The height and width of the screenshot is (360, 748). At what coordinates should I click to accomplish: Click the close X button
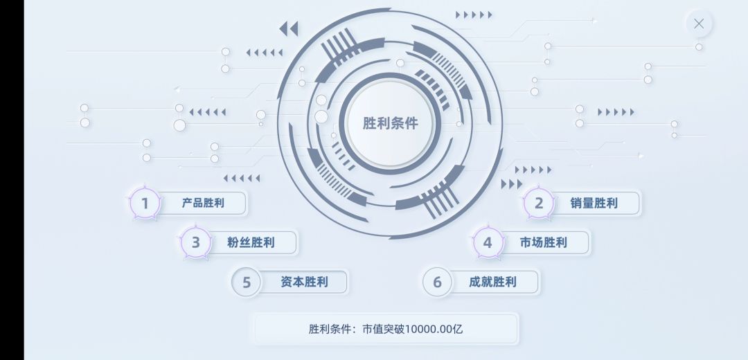click(x=699, y=24)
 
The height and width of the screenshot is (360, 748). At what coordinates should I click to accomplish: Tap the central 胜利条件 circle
click(x=390, y=123)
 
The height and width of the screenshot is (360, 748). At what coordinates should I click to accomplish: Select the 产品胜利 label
click(x=203, y=203)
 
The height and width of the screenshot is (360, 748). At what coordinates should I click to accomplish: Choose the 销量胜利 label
click(x=594, y=203)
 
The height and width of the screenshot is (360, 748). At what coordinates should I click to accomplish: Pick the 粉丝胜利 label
click(x=251, y=242)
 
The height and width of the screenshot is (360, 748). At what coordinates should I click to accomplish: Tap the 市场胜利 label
click(x=544, y=243)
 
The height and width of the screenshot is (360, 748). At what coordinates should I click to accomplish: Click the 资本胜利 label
click(x=304, y=282)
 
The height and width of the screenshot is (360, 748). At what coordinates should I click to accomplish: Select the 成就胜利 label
click(x=492, y=282)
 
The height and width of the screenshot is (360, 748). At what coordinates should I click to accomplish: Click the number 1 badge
click(x=145, y=203)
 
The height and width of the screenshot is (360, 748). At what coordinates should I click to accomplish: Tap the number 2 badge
click(x=539, y=203)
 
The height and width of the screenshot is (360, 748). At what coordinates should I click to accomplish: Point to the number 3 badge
click(x=195, y=242)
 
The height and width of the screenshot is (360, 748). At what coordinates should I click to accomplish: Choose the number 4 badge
click(x=488, y=243)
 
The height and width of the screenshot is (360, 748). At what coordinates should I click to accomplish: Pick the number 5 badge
click(x=246, y=282)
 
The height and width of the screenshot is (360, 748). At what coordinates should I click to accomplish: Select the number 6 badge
click(x=437, y=282)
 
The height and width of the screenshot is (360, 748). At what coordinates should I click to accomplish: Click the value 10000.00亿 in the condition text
click(x=434, y=329)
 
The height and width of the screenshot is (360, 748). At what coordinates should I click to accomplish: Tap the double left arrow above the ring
click(x=289, y=28)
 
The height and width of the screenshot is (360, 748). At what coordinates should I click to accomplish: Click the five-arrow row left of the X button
click(x=474, y=15)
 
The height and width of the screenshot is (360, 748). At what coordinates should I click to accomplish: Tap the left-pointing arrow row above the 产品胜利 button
click(x=242, y=179)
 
